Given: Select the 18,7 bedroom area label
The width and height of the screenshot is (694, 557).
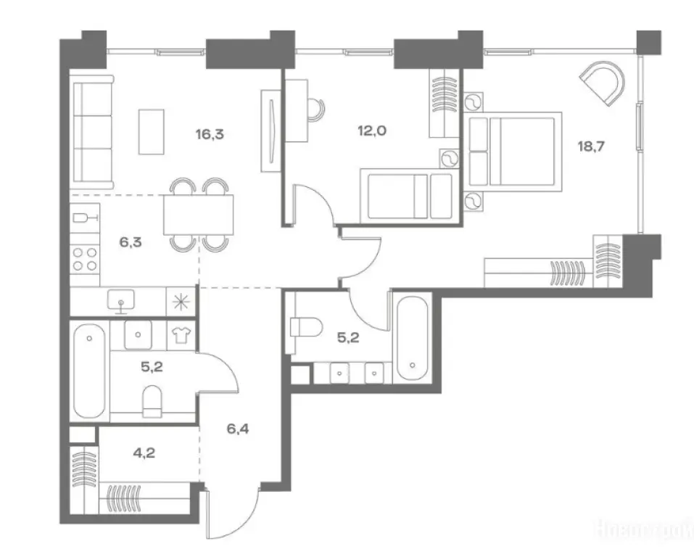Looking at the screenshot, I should pos(591,145).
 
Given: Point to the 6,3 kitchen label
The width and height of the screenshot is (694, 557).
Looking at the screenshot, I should pos(131,242).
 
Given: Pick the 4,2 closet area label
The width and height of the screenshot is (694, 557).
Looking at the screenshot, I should pos(144,455).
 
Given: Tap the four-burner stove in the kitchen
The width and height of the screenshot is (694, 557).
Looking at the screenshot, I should pos(86,259).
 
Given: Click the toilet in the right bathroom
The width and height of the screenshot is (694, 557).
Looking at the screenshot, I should pos(305,327).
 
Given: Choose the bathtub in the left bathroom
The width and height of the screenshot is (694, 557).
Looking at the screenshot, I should pos(90,371).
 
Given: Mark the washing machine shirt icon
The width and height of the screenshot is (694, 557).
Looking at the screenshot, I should pos(181,334).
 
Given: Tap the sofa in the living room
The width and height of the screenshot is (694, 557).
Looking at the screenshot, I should pos(92,134).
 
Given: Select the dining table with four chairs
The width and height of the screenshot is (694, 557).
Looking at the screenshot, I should pos(199,215).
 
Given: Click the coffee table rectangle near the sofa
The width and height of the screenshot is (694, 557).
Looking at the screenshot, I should pos(152,131).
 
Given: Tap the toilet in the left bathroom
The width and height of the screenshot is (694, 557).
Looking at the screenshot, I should pos(152,401).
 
